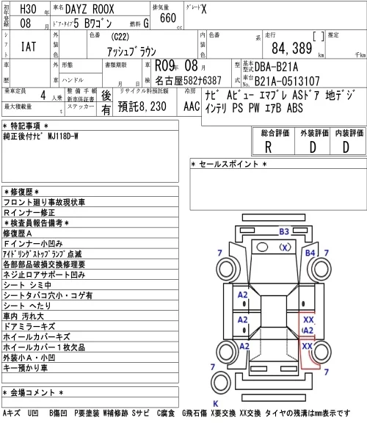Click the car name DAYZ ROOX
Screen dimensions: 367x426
[90, 10]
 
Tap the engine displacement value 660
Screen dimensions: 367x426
[168, 18]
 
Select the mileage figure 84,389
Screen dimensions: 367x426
[292, 48]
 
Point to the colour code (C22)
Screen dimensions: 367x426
[120, 37]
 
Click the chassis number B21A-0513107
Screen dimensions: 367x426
[287, 81]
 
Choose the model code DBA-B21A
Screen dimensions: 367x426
[276, 67]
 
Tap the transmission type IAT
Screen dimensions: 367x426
[29, 46]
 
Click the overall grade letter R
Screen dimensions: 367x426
[268, 147]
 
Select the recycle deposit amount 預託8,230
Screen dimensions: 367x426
[142, 106]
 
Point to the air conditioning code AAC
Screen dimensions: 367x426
[192, 106]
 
